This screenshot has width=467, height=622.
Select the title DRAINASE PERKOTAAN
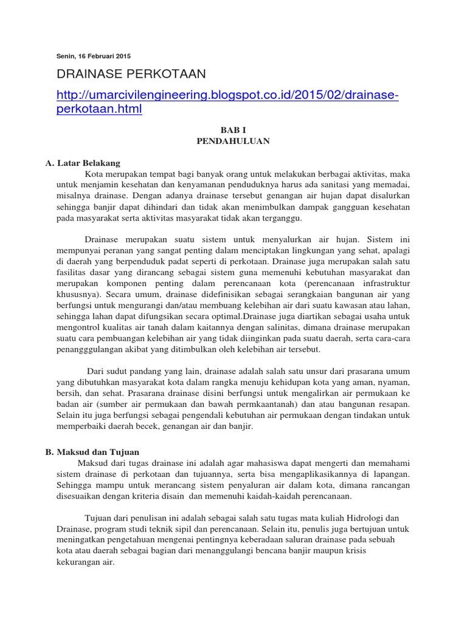pos(131,74)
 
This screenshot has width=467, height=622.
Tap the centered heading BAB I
pos(233,130)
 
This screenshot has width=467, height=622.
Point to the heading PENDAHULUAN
pos(233,141)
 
